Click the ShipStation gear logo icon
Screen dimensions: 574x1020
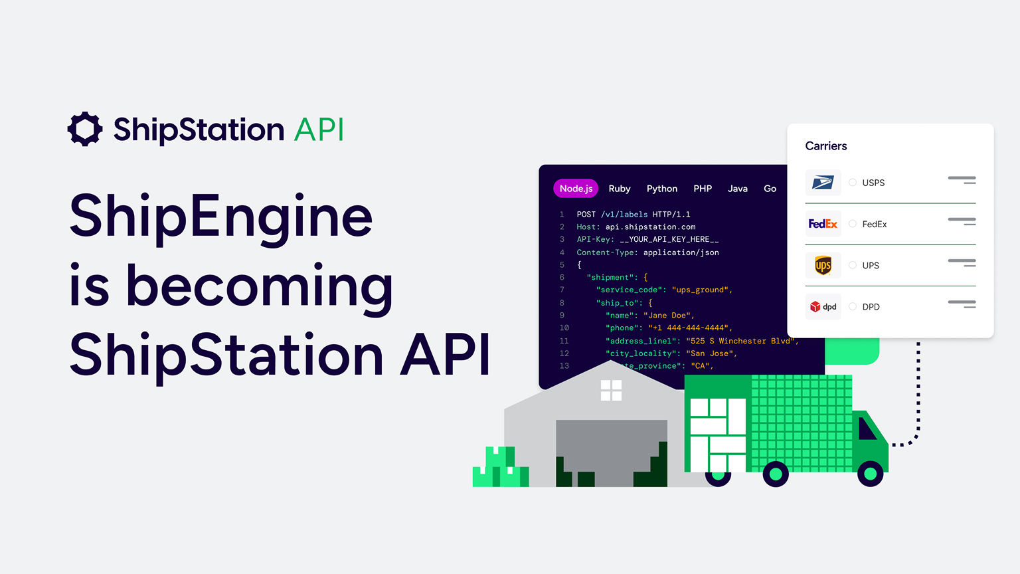coord(85,129)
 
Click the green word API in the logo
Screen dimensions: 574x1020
coord(319,130)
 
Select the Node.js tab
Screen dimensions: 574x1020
coord(576,189)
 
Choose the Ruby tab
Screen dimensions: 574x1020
coord(620,189)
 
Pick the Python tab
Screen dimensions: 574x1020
coord(662,189)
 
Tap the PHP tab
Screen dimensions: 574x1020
coord(703,189)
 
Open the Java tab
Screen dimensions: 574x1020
coord(737,189)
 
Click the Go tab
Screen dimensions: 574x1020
coord(770,189)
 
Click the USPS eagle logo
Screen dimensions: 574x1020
coord(823,183)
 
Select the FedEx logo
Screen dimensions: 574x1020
coord(823,224)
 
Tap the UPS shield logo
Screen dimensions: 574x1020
coord(823,266)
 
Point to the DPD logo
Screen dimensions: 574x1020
coord(823,307)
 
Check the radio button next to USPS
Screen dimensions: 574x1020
coord(853,183)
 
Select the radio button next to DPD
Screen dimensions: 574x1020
coord(853,307)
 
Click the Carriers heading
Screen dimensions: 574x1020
coord(826,146)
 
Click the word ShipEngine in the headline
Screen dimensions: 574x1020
coord(221,216)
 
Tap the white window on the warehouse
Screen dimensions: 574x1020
coord(611,391)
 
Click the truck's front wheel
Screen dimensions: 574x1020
coord(870,474)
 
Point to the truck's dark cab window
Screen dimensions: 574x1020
coord(866,429)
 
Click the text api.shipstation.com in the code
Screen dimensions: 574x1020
coord(650,227)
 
